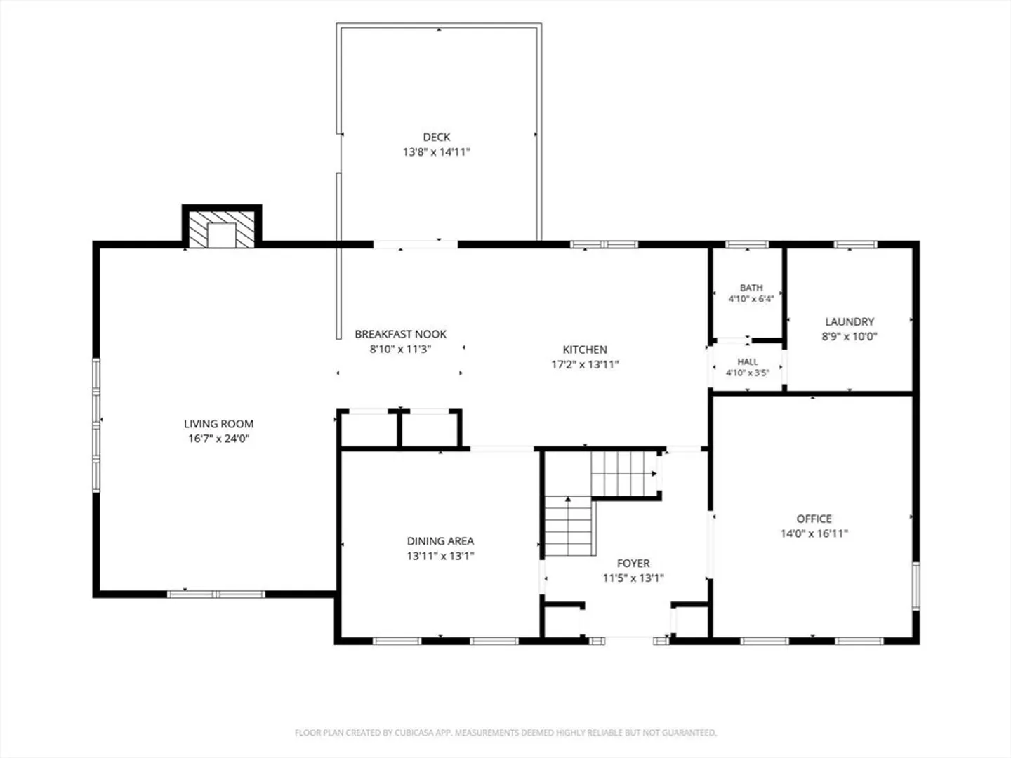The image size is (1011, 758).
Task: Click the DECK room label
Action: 437,137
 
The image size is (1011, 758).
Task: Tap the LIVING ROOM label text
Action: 219,424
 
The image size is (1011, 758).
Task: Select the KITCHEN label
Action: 585,350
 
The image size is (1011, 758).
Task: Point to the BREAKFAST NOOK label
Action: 401,334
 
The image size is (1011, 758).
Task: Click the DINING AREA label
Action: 440,541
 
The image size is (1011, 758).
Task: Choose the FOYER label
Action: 633,564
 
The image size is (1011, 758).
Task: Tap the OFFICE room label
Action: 814,519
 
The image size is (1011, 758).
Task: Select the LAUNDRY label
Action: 850,321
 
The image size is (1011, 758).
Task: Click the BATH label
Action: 751,288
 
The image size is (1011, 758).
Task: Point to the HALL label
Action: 748,361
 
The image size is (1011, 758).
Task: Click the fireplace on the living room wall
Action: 222,227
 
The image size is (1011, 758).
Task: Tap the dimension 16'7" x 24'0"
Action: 219,439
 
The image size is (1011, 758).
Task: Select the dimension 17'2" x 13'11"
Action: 585,364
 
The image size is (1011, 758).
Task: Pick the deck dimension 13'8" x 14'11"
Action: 437,152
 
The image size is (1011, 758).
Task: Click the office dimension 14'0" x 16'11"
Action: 814,534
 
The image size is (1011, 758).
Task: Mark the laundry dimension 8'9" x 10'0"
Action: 850,336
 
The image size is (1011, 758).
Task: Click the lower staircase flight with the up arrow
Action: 569,526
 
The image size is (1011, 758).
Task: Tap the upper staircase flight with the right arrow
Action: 625,474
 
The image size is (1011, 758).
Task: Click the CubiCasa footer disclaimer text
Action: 505,732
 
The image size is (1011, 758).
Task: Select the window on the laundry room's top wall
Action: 855,244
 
